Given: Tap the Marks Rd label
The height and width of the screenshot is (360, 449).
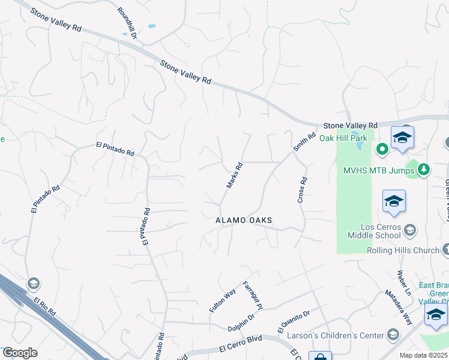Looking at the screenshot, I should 234,175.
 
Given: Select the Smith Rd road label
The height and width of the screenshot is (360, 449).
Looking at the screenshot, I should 304,142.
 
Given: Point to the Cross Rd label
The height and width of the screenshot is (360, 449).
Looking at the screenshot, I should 303,189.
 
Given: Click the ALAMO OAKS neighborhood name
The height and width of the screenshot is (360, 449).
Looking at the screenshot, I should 244,221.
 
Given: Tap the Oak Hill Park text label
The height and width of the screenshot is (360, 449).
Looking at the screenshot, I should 343,138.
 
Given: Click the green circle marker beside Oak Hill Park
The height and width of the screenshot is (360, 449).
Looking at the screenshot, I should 381,148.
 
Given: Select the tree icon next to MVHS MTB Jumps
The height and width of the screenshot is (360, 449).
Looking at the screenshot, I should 424,170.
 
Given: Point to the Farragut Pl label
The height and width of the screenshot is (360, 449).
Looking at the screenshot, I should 252,295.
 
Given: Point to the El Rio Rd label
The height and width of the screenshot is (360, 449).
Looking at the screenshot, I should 44,307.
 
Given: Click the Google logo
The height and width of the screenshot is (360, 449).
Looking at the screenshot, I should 20,353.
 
